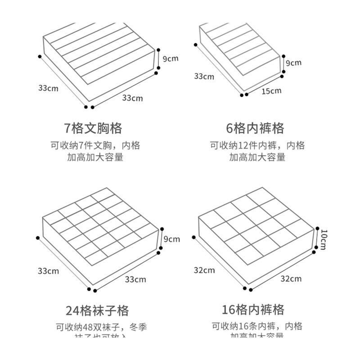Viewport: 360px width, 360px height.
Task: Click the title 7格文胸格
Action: (x=93, y=128)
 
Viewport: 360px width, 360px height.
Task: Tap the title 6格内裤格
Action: (x=255, y=128)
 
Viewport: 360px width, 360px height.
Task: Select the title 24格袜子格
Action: (x=97, y=310)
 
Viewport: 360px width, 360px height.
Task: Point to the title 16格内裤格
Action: (x=253, y=310)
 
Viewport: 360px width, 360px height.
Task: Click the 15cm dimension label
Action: (x=271, y=91)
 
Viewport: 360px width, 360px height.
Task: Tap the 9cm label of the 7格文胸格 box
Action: (x=170, y=58)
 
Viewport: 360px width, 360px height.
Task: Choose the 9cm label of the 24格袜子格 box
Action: (x=171, y=239)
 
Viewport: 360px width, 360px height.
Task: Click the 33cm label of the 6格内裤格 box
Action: (x=204, y=76)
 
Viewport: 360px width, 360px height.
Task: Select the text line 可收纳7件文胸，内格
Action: (x=95, y=145)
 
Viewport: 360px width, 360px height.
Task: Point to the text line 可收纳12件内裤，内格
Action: (x=257, y=145)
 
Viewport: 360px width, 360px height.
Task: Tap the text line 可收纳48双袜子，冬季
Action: (x=101, y=327)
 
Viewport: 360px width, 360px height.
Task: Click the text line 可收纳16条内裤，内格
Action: (x=257, y=326)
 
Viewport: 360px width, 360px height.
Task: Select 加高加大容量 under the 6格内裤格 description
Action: (x=257, y=157)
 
